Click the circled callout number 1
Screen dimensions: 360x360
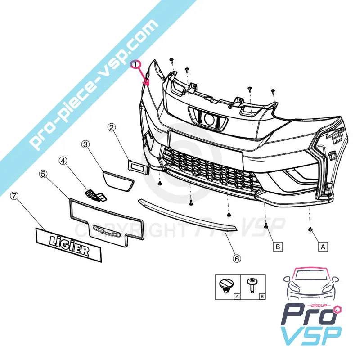135,65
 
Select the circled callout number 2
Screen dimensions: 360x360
112,128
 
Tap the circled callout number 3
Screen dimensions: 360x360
85,144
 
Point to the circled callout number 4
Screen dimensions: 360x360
63,160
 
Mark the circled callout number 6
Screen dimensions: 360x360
237,258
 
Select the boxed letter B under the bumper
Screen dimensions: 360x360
278,246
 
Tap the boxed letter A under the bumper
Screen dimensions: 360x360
322,246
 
